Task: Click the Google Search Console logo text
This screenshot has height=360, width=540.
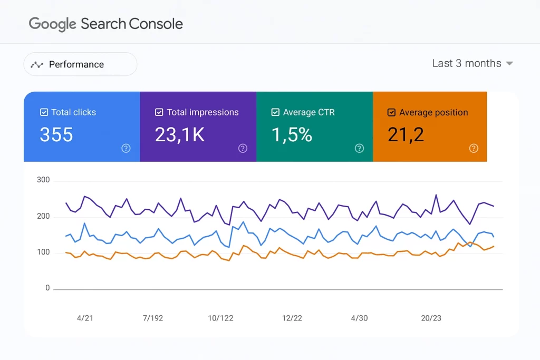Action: point(105,24)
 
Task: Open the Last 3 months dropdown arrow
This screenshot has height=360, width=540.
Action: point(509,63)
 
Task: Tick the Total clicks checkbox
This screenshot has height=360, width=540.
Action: point(44,112)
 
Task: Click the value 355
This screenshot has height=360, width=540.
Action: point(56,135)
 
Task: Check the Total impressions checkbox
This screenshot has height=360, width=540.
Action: point(159,112)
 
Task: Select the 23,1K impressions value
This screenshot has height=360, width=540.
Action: point(180,135)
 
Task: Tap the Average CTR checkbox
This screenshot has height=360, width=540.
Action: point(275,112)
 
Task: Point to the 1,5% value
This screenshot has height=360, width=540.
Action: point(292,135)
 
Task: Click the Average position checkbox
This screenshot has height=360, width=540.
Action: point(391,112)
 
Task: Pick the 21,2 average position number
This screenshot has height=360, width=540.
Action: point(406,135)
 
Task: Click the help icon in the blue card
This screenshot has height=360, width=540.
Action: point(126,148)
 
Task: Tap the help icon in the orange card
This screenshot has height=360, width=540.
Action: point(474,148)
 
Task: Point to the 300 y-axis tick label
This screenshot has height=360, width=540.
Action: point(43,180)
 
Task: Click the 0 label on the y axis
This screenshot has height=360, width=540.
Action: point(47,288)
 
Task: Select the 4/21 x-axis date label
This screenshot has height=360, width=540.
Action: point(85,318)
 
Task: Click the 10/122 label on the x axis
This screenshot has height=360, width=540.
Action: point(220,318)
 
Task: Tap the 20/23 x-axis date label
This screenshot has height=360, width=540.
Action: point(431,318)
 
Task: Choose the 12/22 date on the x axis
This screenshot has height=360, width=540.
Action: point(292,318)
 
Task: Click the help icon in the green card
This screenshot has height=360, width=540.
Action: point(359,148)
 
